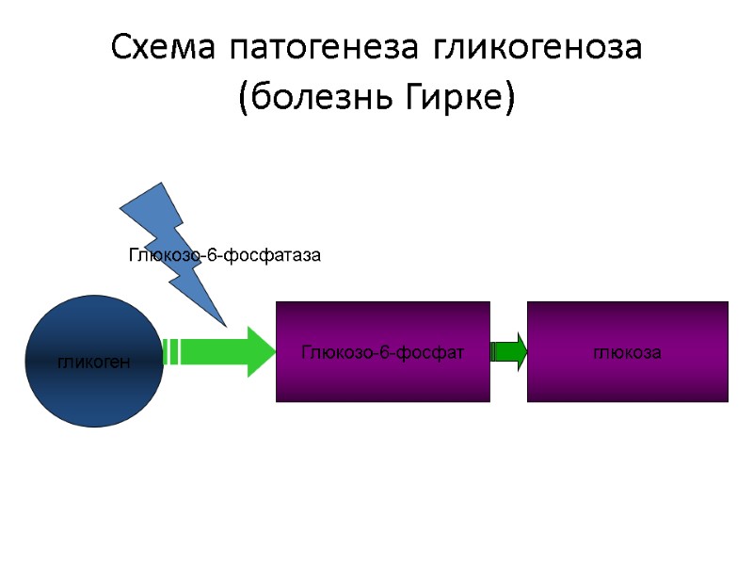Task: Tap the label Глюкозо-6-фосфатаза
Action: coord(224,255)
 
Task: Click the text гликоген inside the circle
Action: coord(93,362)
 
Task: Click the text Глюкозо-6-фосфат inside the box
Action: coord(382,352)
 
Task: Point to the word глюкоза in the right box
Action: coord(627,352)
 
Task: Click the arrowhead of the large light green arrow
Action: coord(261,351)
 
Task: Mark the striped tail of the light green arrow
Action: coord(171,351)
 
